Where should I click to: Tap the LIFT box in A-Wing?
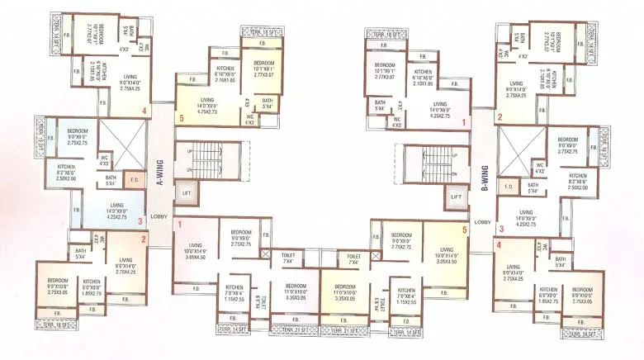tap(186, 192)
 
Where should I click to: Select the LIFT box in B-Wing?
tap(456, 198)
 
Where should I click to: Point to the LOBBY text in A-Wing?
tap(159, 216)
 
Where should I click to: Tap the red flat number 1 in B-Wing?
tap(464, 124)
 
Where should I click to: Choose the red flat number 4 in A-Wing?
tap(144, 111)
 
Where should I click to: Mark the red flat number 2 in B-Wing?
tap(500, 117)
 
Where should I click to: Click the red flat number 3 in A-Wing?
tap(140, 220)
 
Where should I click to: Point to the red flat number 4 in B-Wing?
tap(499, 244)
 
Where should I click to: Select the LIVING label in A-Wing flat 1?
tap(195, 248)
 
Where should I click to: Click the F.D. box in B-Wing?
tap(509, 187)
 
